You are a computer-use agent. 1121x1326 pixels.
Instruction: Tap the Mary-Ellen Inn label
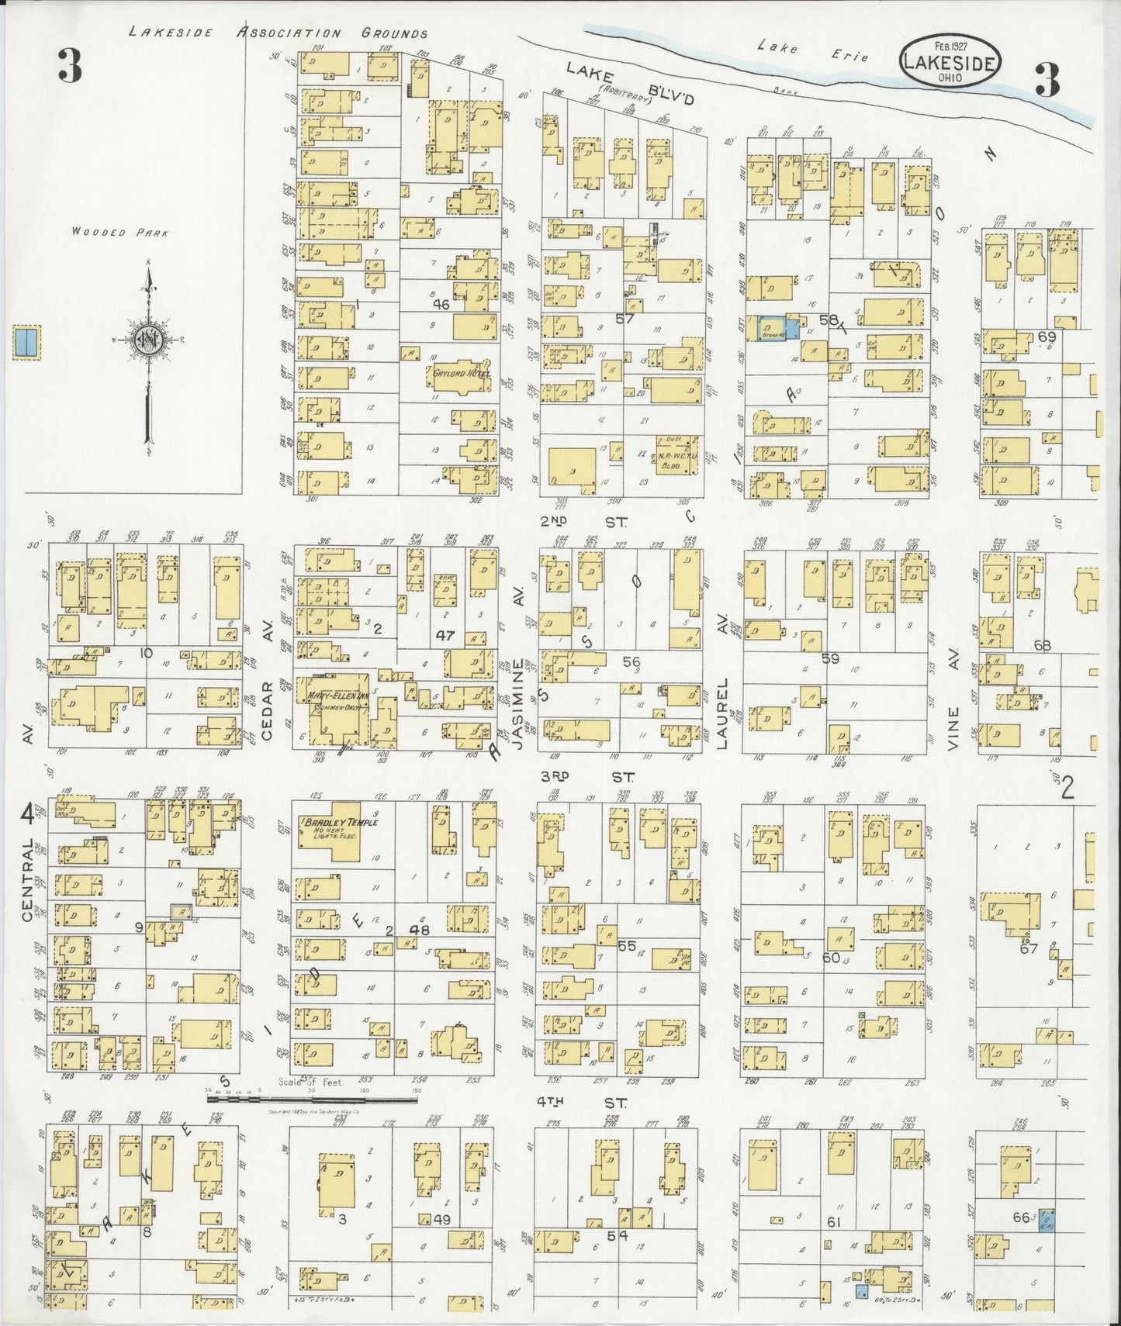coord(336,695)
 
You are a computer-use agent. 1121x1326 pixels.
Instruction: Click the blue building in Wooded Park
coord(27,342)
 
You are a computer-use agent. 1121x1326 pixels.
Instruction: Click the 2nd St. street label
coord(586,523)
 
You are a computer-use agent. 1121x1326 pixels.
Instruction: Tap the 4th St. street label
coord(585,1101)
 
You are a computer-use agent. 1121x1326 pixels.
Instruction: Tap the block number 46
coord(441,306)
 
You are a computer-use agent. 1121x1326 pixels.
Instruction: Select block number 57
coord(625,319)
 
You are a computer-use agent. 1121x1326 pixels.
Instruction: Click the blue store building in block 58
coord(773,327)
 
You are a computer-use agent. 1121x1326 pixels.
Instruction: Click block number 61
coord(834,1223)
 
